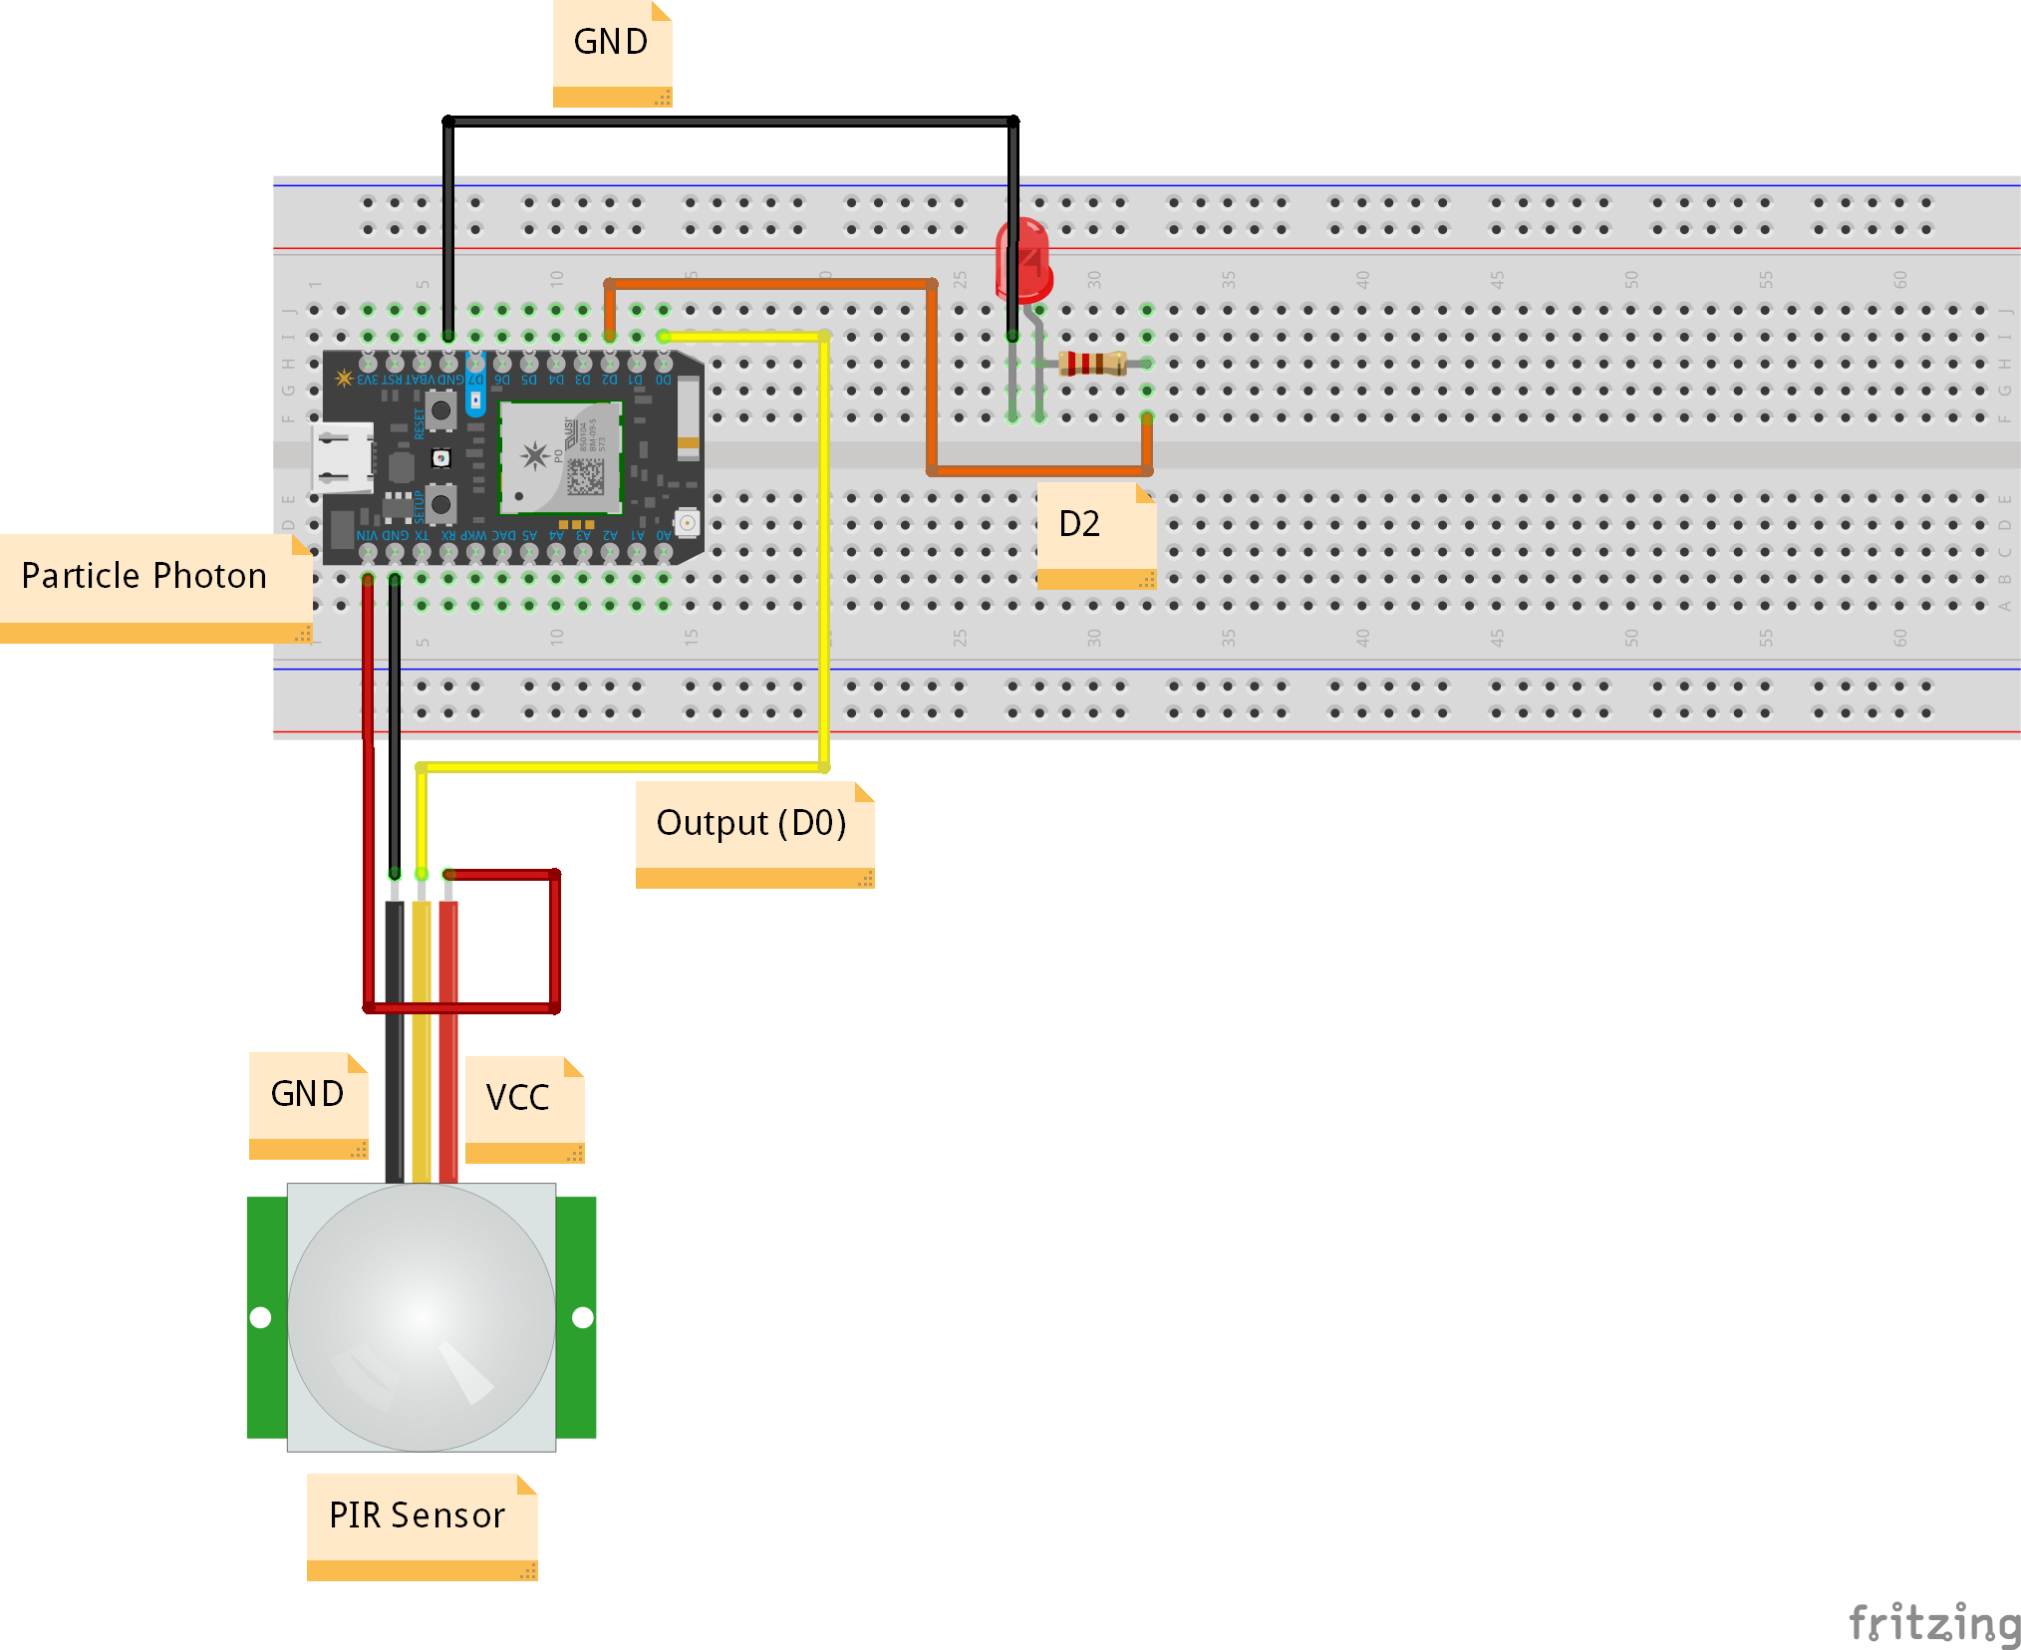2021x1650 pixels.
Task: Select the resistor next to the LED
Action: coord(1092,364)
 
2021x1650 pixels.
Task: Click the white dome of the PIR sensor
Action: coord(422,1316)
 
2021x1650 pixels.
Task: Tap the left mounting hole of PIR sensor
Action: coord(261,1317)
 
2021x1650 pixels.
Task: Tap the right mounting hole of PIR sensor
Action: coord(583,1317)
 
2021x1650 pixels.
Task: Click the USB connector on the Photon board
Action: coord(341,458)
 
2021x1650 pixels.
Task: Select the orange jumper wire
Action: coord(932,379)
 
